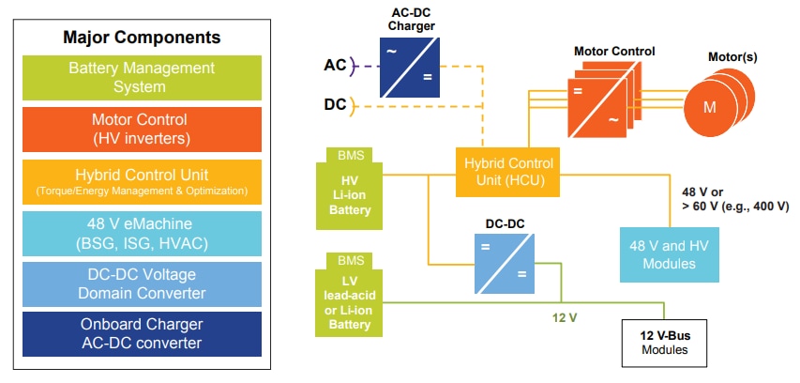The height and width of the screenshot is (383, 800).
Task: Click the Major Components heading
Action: coord(142,38)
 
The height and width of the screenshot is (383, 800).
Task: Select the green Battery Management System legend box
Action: coord(142,78)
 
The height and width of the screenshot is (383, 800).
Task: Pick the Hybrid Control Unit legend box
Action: coord(142,182)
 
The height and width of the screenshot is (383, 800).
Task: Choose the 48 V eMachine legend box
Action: coord(142,233)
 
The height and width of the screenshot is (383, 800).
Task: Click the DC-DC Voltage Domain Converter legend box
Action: coord(142,283)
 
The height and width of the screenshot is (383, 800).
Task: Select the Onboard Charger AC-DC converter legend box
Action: coord(142,333)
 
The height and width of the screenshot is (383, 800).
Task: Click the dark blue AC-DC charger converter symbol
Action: coord(413,66)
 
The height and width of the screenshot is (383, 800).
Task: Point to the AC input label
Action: coord(335,65)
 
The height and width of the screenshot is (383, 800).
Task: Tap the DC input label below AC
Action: coord(335,104)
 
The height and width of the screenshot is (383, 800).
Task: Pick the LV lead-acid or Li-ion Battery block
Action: coord(350,301)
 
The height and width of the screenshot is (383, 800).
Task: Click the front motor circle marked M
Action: coord(710,107)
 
